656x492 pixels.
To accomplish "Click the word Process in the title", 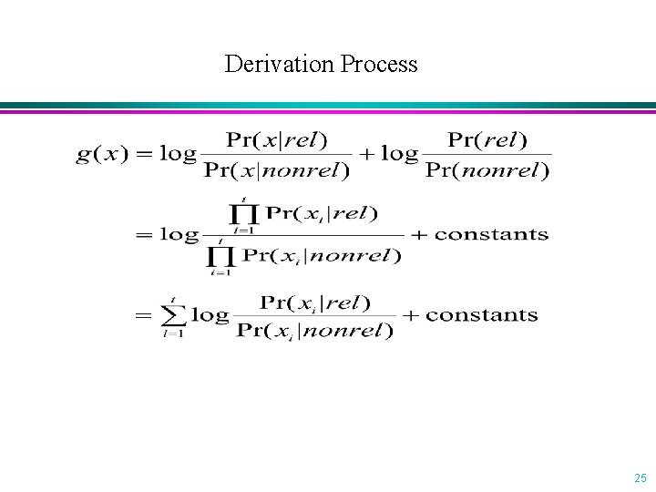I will pyautogui.click(x=379, y=65).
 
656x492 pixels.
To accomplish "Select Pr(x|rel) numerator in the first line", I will pyautogui.click(x=276, y=139).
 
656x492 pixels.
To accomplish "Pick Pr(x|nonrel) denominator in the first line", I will pyautogui.click(x=276, y=169).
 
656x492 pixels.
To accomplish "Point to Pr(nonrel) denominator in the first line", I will pyautogui.click(x=487, y=169).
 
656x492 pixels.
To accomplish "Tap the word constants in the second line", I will pyautogui.click(x=492, y=234).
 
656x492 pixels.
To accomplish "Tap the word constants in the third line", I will pyautogui.click(x=482, y=315).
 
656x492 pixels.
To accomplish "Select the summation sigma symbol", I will pyautogui.click(x=173, y=315).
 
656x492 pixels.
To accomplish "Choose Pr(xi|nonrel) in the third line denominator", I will pyautogui.click(x=314, y=331).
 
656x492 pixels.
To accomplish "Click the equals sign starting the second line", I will pyautogui.click(x=144, y=234).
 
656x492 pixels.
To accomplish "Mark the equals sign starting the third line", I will pyautogui.click(x=144, y=316).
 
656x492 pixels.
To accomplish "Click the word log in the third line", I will pyautogui.click(x=210, y=315).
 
